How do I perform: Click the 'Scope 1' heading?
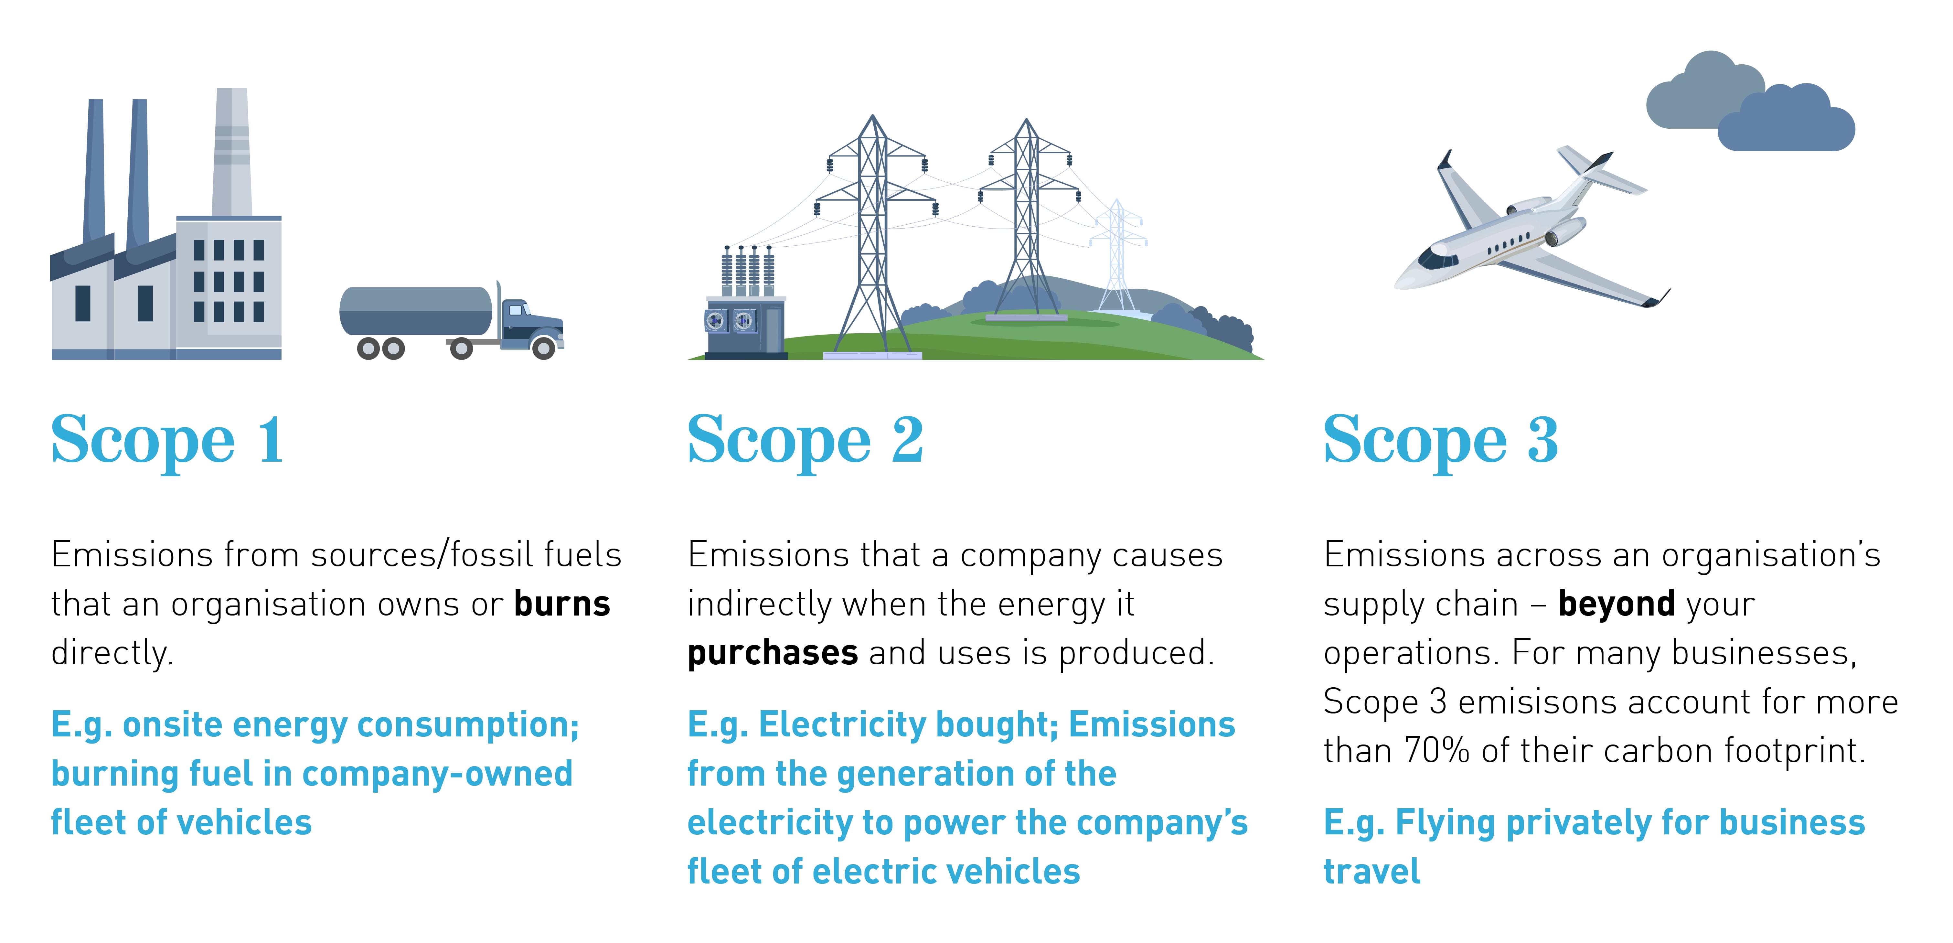(167, 440)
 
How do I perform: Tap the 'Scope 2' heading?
(805, 440)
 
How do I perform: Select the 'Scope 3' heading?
(1440, 440)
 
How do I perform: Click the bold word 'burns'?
(562, 604)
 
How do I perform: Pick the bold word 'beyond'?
(1617, 604)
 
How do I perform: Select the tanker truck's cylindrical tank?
(415, 311)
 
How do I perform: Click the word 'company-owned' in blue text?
(437, 774)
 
